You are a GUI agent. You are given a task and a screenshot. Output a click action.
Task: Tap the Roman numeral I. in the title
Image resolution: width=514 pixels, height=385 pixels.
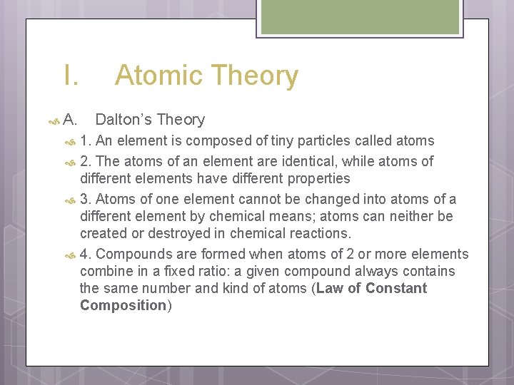click(x=70, y=76)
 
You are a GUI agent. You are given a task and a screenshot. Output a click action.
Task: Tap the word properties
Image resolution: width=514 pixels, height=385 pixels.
click(x=316, y=178)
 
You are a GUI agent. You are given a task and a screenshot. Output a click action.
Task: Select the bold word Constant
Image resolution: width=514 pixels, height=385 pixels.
click(x=397, y=288)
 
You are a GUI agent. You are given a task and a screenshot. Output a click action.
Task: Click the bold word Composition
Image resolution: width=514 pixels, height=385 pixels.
click(x=123, y=305)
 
